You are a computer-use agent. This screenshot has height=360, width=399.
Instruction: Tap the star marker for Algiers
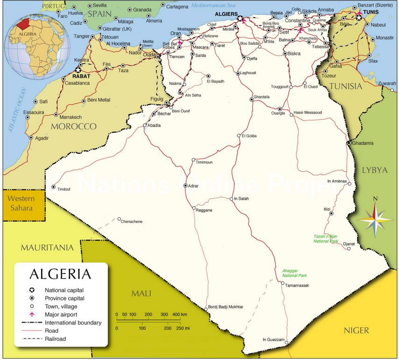[x=240, y=19]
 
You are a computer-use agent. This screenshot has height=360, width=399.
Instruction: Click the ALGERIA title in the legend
[x=60, y=274]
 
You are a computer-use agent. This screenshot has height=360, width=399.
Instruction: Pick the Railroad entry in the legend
[x=55, y=339]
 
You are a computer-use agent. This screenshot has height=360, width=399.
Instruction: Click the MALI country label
[x=141, y=293]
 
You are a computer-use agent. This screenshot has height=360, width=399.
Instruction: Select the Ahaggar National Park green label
[x=294, y=273]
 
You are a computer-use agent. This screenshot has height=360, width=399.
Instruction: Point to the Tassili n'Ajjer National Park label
[x=326, y=239]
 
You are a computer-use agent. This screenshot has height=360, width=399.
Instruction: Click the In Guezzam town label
[x=273, y=339]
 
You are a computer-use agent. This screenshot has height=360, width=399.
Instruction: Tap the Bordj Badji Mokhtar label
[x=226, y=307]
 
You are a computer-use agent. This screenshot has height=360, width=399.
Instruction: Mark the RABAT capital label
[x=81, y=76]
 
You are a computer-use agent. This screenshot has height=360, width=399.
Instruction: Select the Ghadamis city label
[x=363, y=143]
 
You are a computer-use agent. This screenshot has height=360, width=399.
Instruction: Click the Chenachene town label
[x=131, y=222]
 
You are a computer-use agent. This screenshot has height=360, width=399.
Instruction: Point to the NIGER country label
[x=356, y=331]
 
